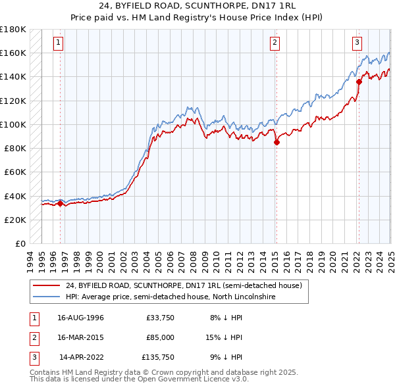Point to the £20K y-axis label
(x=15, y=220)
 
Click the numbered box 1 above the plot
(x=59, y=43)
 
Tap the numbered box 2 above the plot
(x=275, y=43)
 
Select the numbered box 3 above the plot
(x=357, y=43)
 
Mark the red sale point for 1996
(x=60, y=203)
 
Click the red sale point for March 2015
(x=276, y=142)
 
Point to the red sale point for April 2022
(x=359, y=82)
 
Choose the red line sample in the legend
(x=47, y=285)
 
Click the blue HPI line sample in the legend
(x=47, y=297)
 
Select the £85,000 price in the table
(x=160, y=337)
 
